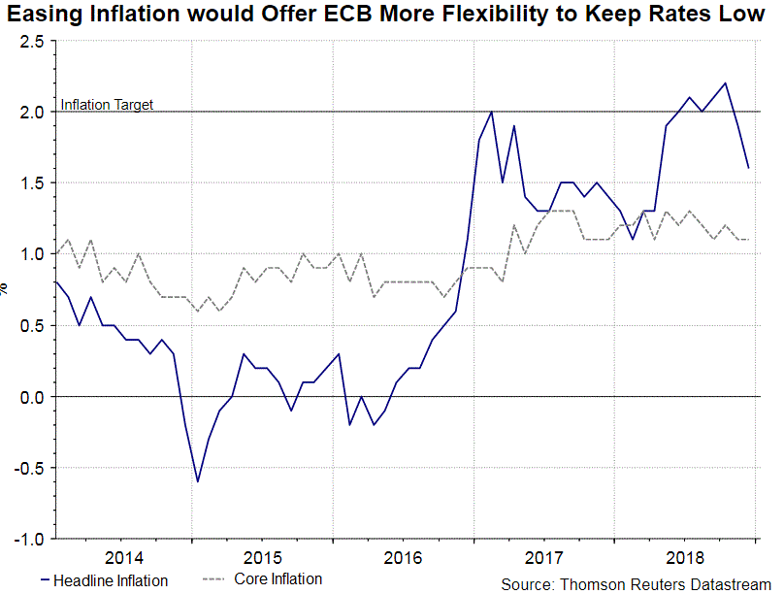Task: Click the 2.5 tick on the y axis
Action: pyautogui.click(x=31, y=42)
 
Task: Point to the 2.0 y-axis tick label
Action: pyautogui.click(x=31, y=113)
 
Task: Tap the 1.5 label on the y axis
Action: pyautogui.click(x=31, y=183)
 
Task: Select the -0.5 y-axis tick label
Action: pyautogui.click(x=28, y=469)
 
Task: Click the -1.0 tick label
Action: pyautogui.click(x=28, y=540)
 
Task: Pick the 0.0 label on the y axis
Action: pyautogui.click(x=31, y=397)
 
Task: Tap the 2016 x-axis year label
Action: pyautogui.click(x=403, y=558)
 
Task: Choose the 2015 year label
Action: pyautogui.click(x=263, y=558)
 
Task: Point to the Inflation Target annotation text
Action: pyautogui.click(x=107, y=105)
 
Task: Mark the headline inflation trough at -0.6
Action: pyautogui.click(x=198, y=481)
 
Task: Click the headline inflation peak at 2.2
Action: pyautogui.click(x=726, y=83)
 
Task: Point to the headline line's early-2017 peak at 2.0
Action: pyautogui.click(x=491, y=112)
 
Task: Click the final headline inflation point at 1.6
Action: pyautogui.click(x=749, y=168)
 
